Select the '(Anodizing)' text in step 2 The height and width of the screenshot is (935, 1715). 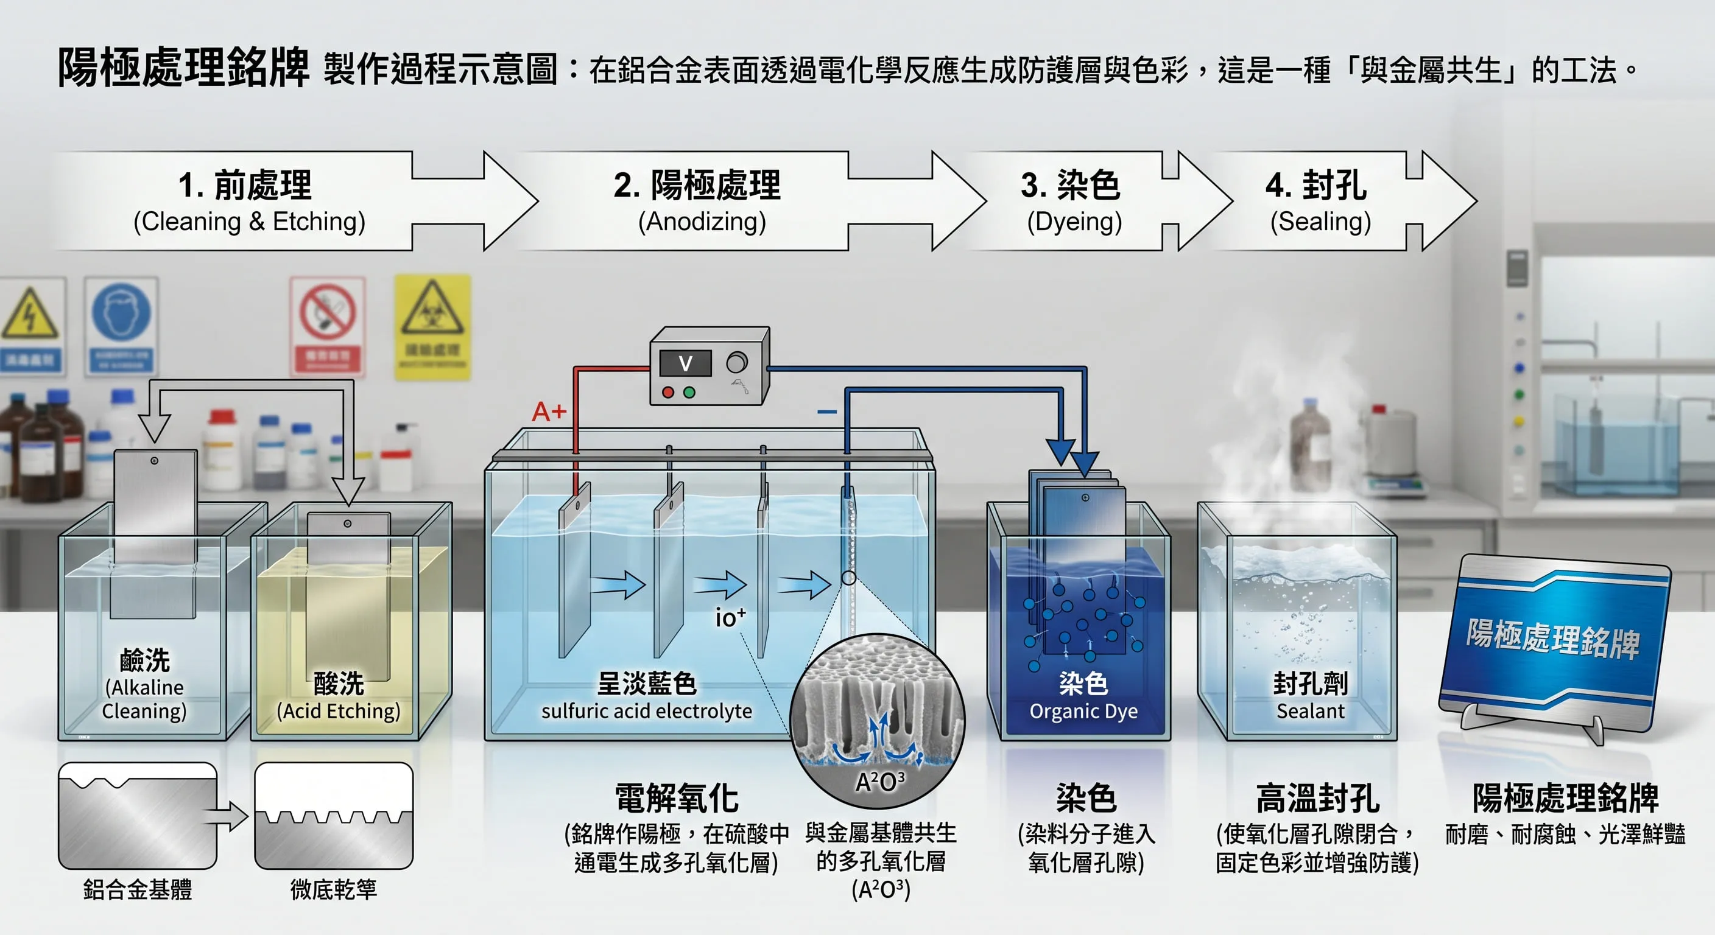click(x=702, y=222)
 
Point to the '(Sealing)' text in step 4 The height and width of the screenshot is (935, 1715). click(x=1320, y=222)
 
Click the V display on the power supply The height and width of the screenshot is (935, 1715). click(x=685, y=363)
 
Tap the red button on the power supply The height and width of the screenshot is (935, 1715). click(x=667, y=393)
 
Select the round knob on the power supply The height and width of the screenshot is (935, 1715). click(x=736, y=363)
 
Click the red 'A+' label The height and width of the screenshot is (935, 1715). click(x=549, y=412)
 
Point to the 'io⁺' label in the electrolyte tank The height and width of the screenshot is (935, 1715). click(x=730, y=618)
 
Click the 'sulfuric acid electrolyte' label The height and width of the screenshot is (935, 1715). click(x=646, y=712)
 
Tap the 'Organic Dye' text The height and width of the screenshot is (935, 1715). click(x=1083, y=712)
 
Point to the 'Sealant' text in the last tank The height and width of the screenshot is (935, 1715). click(x=1310, y=712)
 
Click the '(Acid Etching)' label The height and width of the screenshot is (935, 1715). click(x=338, y=712)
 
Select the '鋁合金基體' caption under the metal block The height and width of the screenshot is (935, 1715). click(x=137, y=889)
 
